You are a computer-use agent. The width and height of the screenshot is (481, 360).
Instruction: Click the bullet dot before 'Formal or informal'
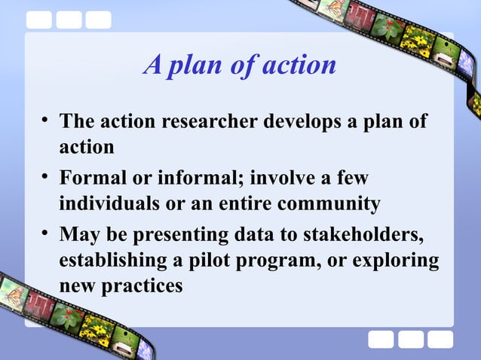click(x=46, y=178)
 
